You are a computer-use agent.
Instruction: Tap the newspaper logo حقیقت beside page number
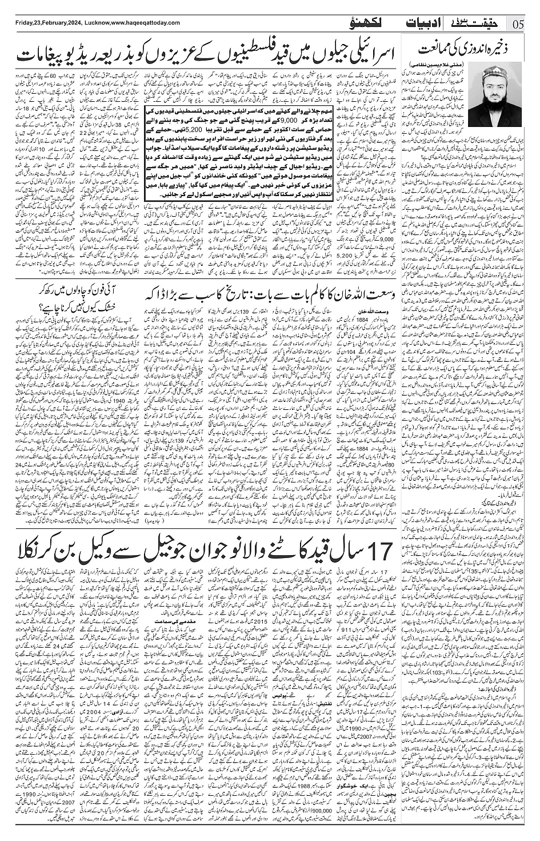pos(481,23)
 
